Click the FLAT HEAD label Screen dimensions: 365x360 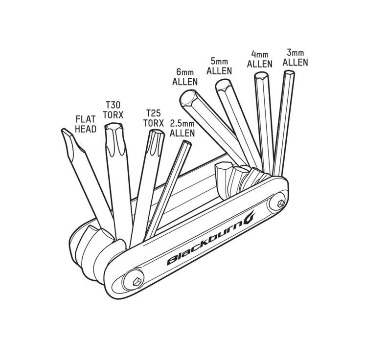[x=86, y=124]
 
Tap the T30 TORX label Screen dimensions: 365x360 [x=113, y=110]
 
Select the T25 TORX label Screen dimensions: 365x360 [x=154, y=118]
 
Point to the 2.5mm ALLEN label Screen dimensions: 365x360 [x=182, y=128]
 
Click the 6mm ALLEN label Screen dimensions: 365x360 [x=185, y=77]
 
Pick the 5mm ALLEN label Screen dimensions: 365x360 [x=219, y=67]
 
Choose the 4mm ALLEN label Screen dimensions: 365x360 [x=259, y=59]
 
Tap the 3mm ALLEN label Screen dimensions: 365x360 [x=295, y=58]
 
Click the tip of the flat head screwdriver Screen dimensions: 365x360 [x=66, y=131]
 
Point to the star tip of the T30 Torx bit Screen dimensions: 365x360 [x=114, y=127]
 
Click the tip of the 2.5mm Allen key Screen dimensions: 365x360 [x=187, y=143]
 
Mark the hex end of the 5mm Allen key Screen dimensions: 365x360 [x=223, y=86]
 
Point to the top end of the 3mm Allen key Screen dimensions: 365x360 [x=289, y=72]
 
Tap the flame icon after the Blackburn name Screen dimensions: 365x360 [x=249, y=216]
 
